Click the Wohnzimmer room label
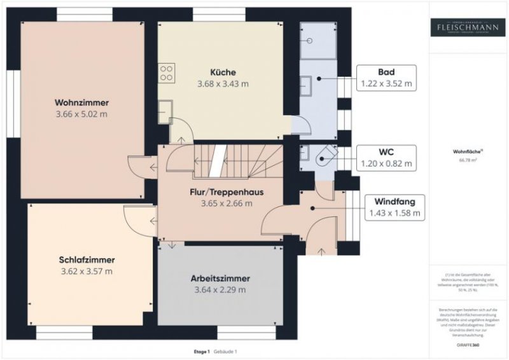click(81, 102)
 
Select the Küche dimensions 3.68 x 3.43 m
click(221, 83)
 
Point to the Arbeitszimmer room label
click(220, 279)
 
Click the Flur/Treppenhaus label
click(227, 191)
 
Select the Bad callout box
click(386, 77)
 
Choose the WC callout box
click(386, 156)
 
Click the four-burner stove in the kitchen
click(167, 73)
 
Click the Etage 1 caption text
click(202, 352)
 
